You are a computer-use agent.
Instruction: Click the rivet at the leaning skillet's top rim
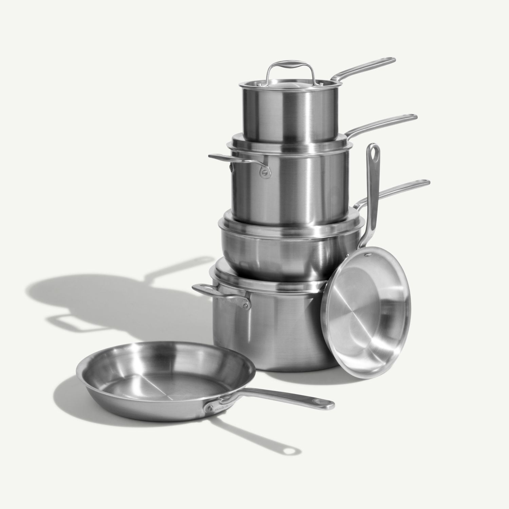[x=366, y=254]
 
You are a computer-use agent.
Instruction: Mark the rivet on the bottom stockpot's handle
[x=244, y=306]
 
